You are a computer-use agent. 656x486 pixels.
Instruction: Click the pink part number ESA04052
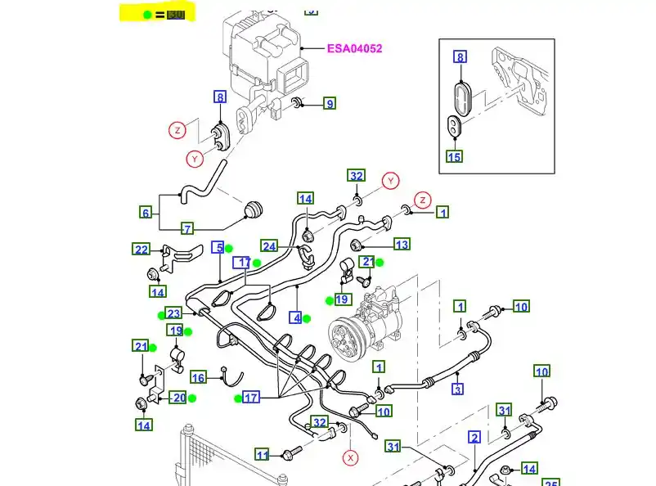pos(354,48)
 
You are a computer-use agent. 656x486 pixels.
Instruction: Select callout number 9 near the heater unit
pos(329,104)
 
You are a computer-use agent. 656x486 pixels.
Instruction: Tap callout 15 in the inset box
pos(455,156)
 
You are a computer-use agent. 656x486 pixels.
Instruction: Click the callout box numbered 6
pos(146,213)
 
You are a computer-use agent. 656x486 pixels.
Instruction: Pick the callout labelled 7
pos(187,229)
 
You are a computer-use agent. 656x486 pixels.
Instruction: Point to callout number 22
pos(142,250)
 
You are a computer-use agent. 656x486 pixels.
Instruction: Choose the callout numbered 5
pos(218,247)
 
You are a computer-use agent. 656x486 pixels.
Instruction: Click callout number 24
pos(269,245)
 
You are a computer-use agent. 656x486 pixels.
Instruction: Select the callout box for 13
pos(402,245)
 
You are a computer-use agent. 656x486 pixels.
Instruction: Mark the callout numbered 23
pos(173,313)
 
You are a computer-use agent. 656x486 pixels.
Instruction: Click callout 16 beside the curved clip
pos(198,377)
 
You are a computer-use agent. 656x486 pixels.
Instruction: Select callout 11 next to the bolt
pos(262,455)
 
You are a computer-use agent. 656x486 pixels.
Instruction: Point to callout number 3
pos(458,389)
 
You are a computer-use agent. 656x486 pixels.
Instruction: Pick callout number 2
pos(474,437)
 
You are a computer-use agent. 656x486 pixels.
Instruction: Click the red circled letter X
pos(351,457)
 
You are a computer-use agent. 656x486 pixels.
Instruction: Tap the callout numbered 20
pos(178,398)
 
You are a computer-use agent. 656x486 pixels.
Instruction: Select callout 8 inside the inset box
pos(460,57)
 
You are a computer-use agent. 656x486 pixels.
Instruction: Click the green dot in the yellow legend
pos(146,15)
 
